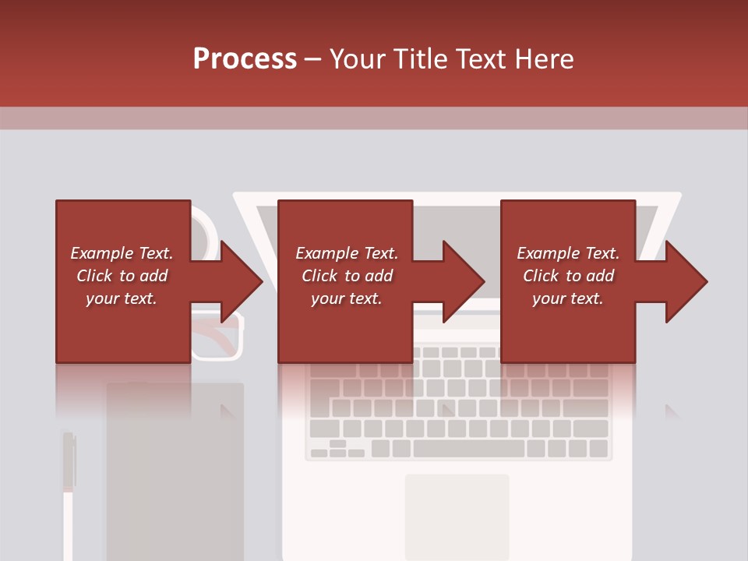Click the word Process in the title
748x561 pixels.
pyautogui.click(x=245, y=59)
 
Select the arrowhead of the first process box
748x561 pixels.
pyautogui.click(x=242, y=281)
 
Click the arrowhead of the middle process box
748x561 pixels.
pyautogui.click(x=464, y=281)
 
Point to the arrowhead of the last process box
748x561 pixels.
pyautogui.click(x=686, y=281)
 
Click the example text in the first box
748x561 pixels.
pyautogui.click(x=122, y=276)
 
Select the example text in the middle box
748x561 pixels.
pyautogui.click(x=347, y=276)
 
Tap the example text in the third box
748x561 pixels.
pyautogui.click(x=568, y=276)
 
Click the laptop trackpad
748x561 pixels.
pyautogui.click(x=457, y=515)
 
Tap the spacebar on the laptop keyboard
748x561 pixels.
pyautogui.click(x=468, y=449)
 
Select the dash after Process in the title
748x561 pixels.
pyautogui.click(x=313, y=59)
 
